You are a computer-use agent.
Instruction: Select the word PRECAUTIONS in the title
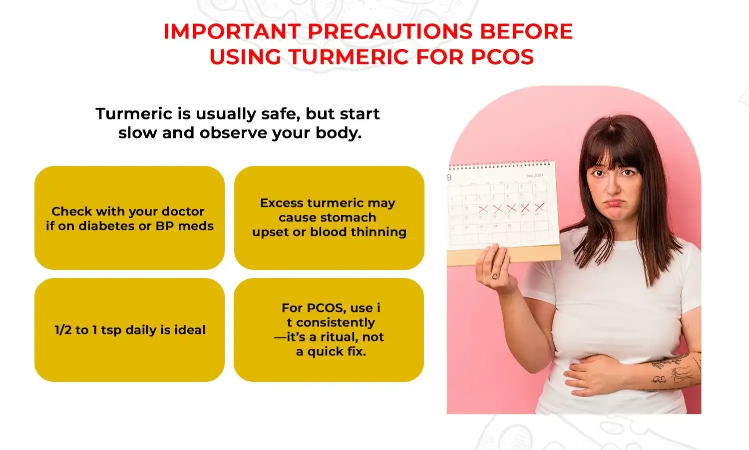tap(389, 31)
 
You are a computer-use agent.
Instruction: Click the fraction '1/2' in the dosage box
tap(63, 330)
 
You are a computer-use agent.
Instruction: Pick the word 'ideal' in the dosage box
tap(190, 330)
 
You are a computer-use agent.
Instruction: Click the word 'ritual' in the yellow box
tap(339, 337)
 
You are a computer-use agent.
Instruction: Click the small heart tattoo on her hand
tap(495, 275)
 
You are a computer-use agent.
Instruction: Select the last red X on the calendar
tap(539, 207)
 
